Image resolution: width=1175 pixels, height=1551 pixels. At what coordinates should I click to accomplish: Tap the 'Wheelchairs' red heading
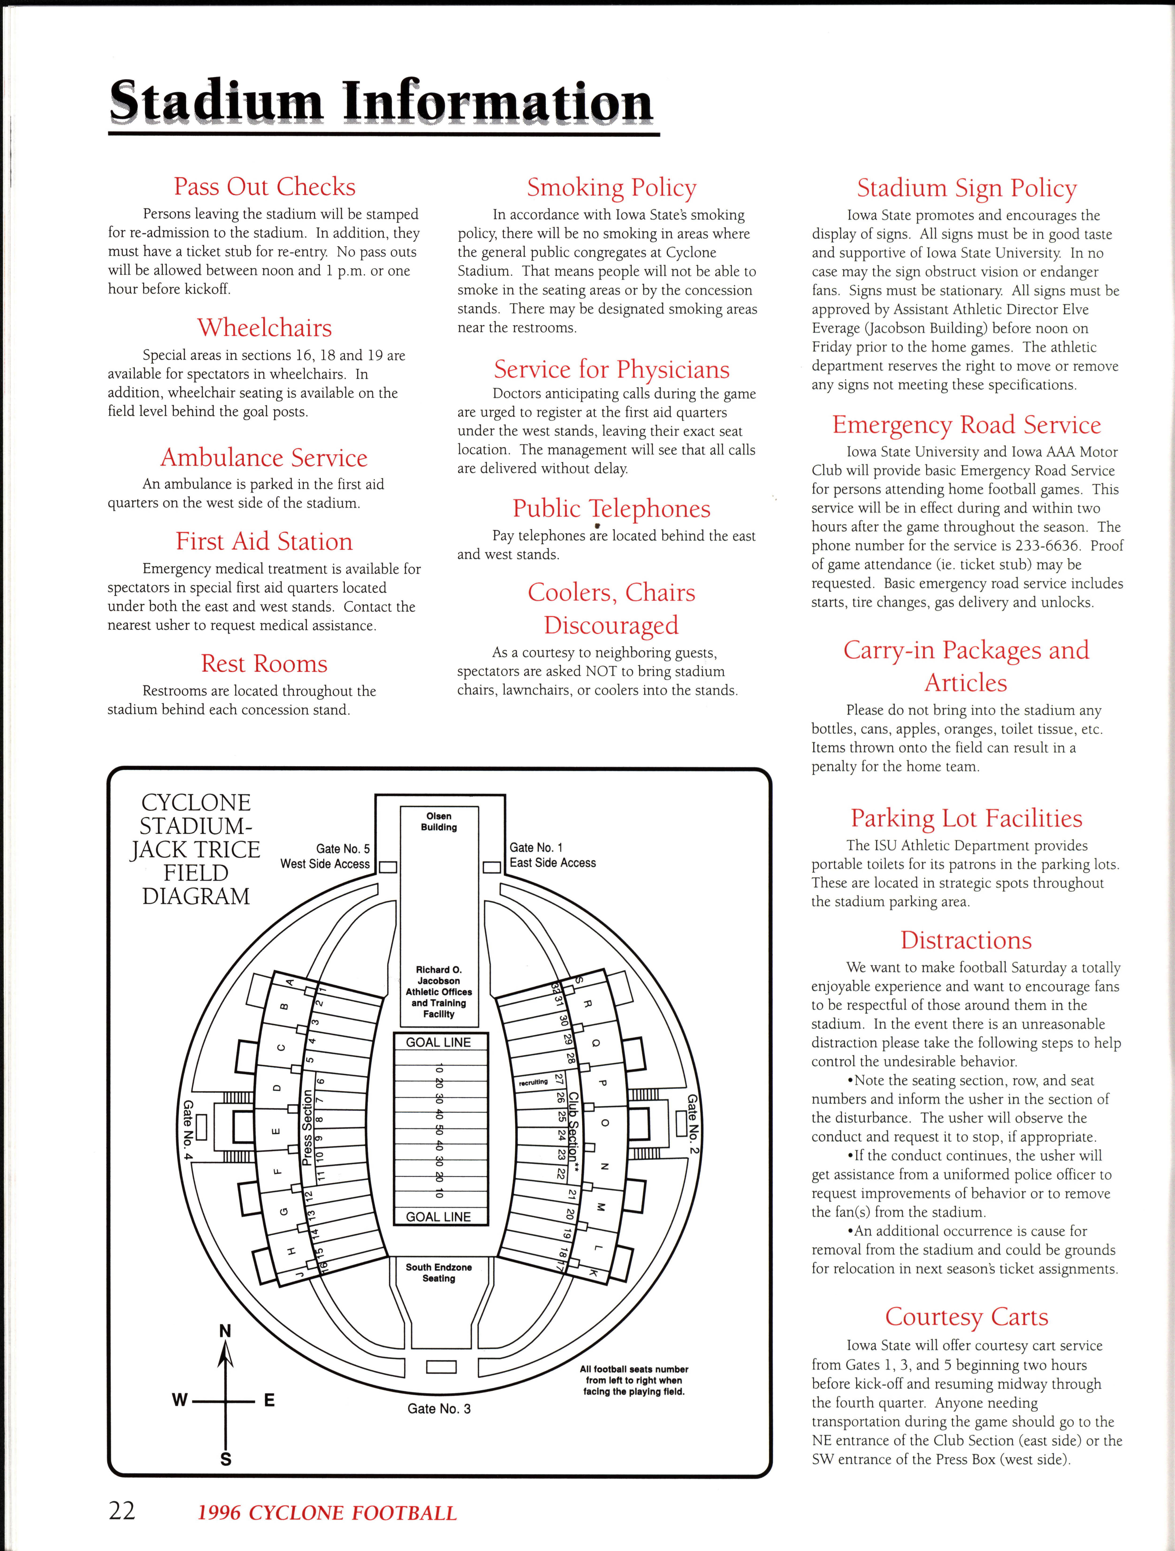point(264,327)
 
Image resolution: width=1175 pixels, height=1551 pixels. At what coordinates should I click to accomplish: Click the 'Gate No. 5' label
point(343,848)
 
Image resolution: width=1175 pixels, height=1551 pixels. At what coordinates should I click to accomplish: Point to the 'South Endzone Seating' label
point(439,1273)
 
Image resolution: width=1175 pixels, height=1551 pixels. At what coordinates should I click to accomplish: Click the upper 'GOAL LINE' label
point(439,1043)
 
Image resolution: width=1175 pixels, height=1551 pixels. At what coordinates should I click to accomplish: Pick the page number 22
point(122,1510)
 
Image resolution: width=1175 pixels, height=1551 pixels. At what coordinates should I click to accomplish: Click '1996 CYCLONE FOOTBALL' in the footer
point(327,1513)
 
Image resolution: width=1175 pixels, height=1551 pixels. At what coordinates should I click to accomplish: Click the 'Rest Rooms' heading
point(264,663)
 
